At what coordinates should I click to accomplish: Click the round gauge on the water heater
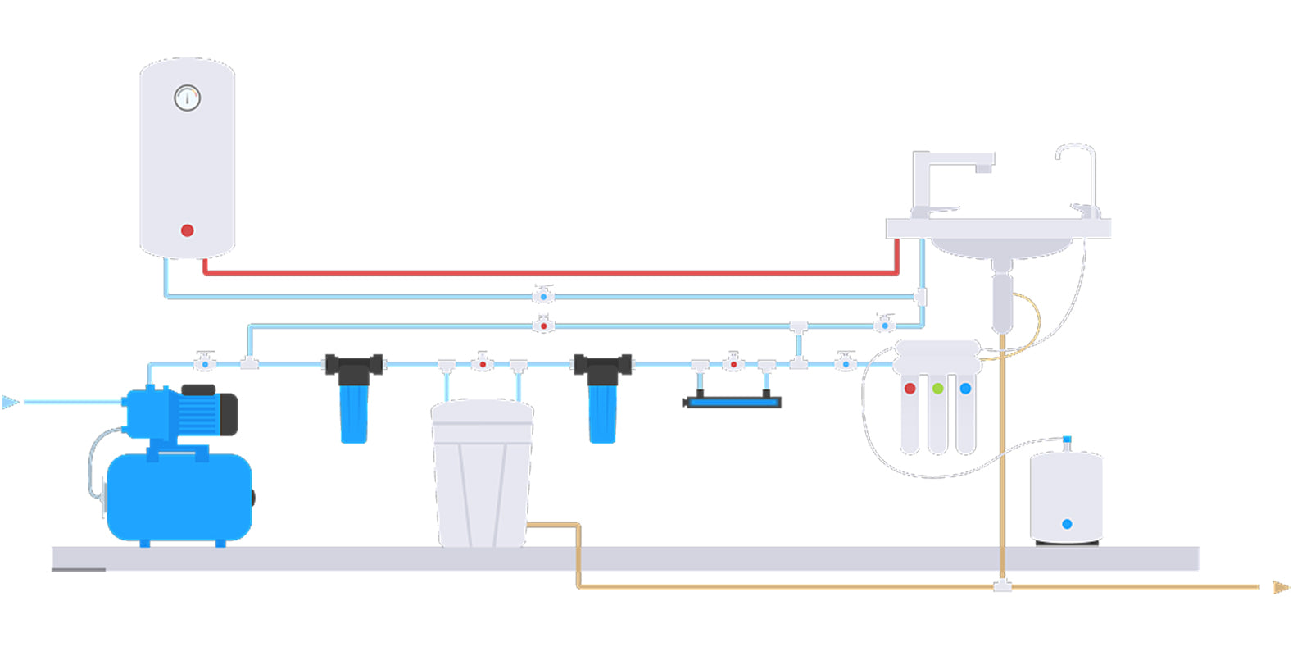coord(188,98)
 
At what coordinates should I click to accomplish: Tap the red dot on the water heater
coord(187,230)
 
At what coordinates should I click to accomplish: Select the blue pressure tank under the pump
coord(179,496)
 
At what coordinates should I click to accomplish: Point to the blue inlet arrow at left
coord(11,402)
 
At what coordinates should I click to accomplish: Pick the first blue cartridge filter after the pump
coord(354,410)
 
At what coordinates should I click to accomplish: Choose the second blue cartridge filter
coord(602,410)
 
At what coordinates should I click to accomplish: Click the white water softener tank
coord(482,476)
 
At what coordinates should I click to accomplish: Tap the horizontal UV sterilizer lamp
coord(733,402)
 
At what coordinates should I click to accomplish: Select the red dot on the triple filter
coord(910,388)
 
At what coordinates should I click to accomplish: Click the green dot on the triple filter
coord(937,388)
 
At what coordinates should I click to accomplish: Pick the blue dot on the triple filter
coord(965,388)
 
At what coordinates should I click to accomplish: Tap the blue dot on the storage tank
coord(1067,524)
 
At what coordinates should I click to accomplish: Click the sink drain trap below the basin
coord(1001,299)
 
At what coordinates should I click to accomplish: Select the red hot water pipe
coord(549,271)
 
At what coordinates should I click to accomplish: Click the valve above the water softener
coord(483,362)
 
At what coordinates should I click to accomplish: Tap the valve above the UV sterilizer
coord(733,362)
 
